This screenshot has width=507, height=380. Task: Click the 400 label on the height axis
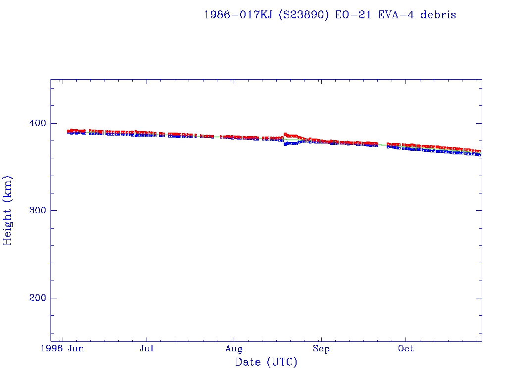[x=36, y=123]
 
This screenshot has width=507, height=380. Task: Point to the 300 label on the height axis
[x=36, y=210]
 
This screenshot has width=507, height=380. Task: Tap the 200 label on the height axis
[x=36, y=298]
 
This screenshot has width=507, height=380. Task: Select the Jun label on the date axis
[x=76, y=349]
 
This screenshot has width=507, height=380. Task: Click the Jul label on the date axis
[x=147, y=349]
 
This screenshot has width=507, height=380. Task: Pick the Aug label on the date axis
[x=234, y=349]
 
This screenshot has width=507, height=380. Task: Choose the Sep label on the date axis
[x=321, y=349]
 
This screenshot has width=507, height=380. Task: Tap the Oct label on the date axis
[x=406, y=349]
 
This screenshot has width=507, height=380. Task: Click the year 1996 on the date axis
[x=51, y=349]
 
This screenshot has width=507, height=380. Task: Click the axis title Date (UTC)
[x=266, y=363]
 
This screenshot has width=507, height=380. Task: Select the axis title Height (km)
[x=8, y=210]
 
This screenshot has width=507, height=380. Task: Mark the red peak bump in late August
[x=286, y=134]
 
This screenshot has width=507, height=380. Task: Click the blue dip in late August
[x=286, y=144]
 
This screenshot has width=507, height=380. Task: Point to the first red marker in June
[x=69, y=131]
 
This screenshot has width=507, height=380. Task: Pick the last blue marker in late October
[x=479, y=155]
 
